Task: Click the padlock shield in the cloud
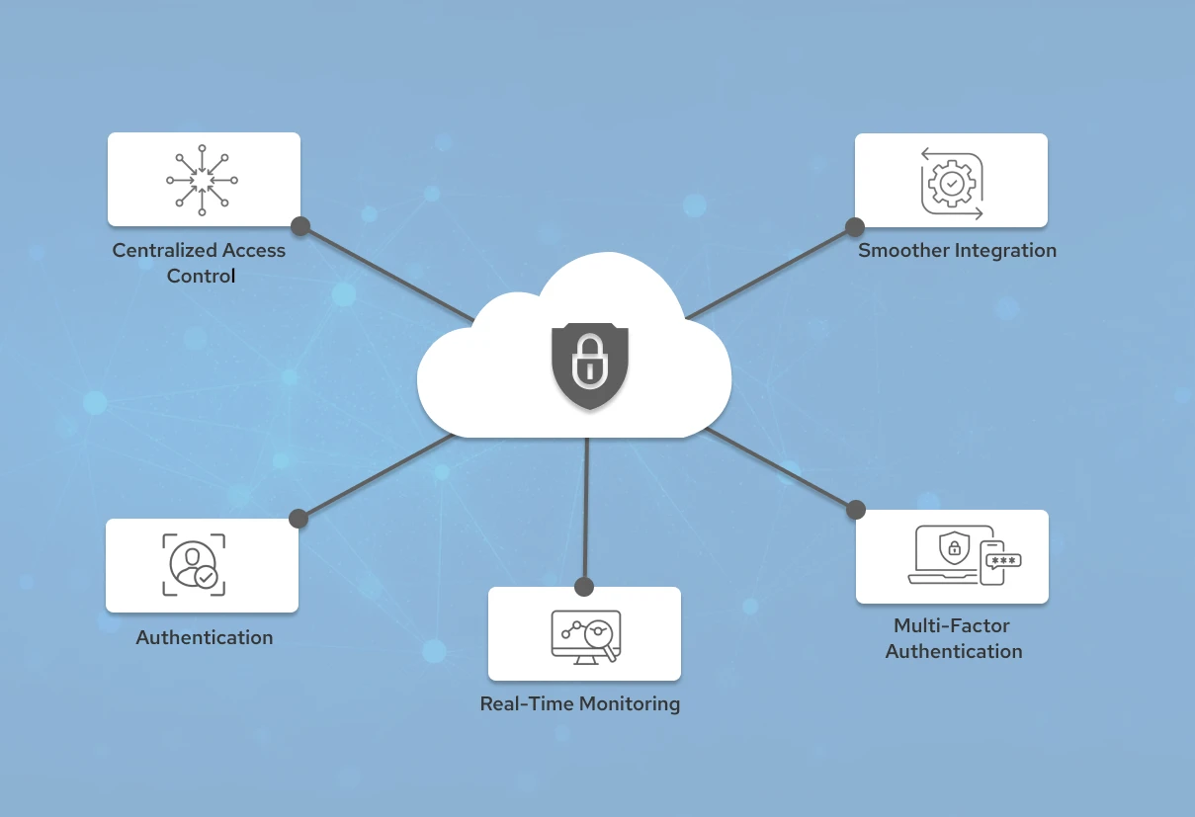pos(589,365)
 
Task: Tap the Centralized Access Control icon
pos(202,180)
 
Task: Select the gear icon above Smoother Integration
pos(952,183)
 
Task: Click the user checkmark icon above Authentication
pos(194,565)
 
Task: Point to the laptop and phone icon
pos(964,556)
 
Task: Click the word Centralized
pos(164,251)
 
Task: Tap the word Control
pos(201,276)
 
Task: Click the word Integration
pos(1004,251)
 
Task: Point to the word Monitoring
pos(630,704)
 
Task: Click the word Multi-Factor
pos(952,625)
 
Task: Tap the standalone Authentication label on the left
pos(205,638)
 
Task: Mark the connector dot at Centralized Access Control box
pos(300,226)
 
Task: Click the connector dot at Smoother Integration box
pos(855,227)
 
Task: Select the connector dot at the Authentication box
pos(299,519)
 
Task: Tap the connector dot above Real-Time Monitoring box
pos(584,587)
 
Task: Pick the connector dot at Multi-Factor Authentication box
pos(856,510)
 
